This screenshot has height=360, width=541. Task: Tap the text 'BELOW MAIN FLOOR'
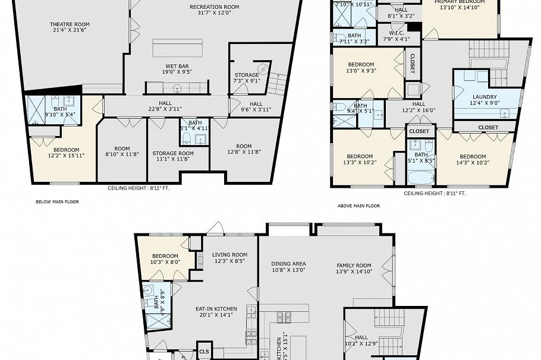pos(57,202)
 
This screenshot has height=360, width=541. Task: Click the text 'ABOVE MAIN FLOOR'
pos(358,206)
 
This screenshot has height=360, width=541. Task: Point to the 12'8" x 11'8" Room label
pos(244,149)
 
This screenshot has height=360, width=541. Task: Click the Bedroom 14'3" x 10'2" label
pos(474,160)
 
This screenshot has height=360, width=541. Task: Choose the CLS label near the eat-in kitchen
pos(205,351)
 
